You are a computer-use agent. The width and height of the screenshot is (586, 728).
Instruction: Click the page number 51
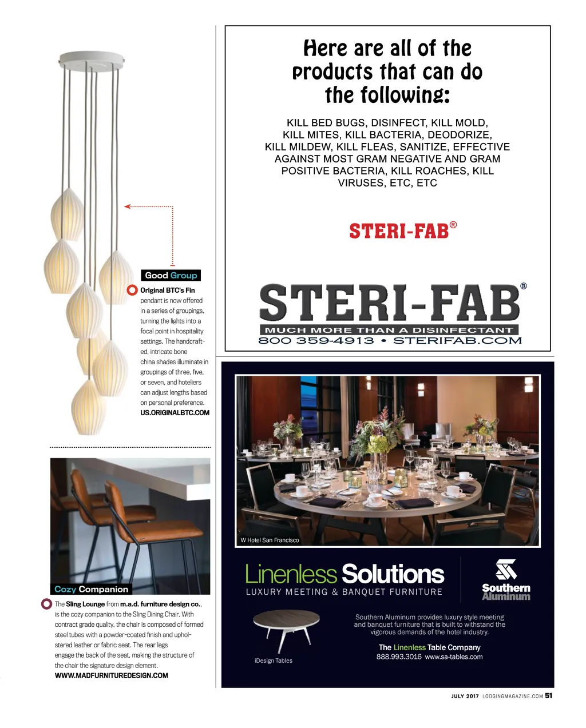pos(549,696)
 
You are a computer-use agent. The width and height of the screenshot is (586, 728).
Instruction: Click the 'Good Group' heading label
pos(171,275)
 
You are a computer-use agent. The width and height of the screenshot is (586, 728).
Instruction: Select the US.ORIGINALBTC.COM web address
pos(175,413)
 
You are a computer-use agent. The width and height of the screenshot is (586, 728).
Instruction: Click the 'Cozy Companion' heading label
pos(91,589)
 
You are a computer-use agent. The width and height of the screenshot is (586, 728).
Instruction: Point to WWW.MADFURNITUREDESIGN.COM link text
pos(111,675)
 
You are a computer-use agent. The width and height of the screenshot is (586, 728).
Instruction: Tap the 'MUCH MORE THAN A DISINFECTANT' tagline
pos(389,330)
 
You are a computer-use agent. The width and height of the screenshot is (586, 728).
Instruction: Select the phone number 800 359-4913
pos(316,341)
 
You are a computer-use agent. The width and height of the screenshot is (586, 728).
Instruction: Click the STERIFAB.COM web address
pos(457,341)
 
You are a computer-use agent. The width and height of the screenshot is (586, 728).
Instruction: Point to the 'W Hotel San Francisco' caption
pos(270,540)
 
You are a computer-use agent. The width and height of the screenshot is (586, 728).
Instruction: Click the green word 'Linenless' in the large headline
pos(291,574)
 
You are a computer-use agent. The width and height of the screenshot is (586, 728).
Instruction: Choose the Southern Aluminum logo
pos(506,580)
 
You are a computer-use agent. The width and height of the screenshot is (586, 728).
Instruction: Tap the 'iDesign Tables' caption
pos(273,661)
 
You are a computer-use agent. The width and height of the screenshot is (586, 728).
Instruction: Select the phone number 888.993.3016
pos(398,657)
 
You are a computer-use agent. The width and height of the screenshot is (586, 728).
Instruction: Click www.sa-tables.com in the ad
pos(453,657)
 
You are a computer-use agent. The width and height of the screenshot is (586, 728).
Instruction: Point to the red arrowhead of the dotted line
pos(128,206)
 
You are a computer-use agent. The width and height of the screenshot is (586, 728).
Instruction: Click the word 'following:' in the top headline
pos(387,95)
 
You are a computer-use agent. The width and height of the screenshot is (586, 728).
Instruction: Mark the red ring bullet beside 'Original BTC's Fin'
pos(132,291)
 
